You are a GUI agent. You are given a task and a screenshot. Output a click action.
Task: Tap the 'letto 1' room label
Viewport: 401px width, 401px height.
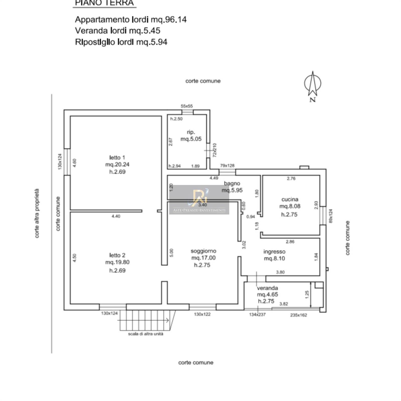(117, 158)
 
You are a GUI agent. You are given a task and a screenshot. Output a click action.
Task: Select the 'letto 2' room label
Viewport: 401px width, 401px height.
(117, 255)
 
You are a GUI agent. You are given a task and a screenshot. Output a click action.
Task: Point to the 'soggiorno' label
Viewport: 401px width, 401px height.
(203, 251)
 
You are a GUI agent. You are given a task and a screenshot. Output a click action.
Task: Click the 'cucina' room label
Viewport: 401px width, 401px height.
(290, 199)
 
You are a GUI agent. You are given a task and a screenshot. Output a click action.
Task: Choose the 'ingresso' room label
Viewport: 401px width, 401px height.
(274, 252)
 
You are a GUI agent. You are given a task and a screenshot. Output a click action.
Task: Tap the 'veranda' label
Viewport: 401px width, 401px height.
(267, 288)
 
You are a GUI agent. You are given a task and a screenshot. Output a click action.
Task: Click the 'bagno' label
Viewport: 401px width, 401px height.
(232, 183)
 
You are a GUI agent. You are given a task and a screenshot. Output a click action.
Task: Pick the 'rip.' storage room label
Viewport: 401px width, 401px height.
(191, 132)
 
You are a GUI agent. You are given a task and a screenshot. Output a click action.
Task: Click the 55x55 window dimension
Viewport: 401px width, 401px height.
(187, 106)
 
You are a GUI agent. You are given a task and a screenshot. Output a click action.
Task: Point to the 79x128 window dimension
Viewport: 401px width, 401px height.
(227, 166)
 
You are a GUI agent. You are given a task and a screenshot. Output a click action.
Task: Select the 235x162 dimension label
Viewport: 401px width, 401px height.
(298, 315)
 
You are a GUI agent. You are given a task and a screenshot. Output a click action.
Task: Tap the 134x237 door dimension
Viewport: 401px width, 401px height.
(257, 315)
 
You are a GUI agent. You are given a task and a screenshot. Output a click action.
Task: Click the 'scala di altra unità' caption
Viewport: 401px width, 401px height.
(145, 334)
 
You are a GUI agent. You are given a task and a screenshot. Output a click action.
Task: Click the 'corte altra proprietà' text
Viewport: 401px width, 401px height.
(37, 213)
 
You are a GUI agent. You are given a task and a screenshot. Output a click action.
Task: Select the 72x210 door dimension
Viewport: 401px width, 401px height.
(215, 150)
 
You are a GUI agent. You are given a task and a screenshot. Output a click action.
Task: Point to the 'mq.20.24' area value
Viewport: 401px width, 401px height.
(117, 165)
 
